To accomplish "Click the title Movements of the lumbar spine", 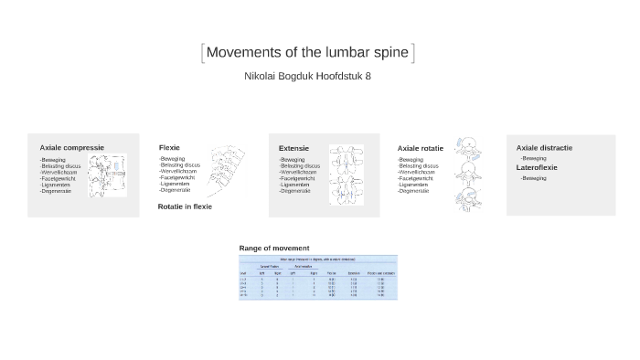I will [307, 52].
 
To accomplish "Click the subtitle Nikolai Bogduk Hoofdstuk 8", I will [307, 76].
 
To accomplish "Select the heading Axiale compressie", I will [71, 147].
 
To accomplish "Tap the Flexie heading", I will [169, 147].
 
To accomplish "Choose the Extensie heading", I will [293, 147].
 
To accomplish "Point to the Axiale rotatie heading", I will [420, 148].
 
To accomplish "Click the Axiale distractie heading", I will [544, 147].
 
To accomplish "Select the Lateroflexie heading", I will [537, 167].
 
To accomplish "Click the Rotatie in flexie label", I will [185, 206].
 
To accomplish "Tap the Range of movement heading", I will [274, 248].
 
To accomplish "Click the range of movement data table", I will [318, 277].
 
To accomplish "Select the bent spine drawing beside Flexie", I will [225, 171].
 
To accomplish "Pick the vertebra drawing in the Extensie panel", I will [347, 174].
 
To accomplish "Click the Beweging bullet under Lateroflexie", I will [534, 178].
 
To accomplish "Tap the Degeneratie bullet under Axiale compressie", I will [56, 191].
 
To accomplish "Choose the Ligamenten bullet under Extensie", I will [295, 185].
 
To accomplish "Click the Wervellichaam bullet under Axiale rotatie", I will [417, 172].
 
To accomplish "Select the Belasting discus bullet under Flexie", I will [180, 165].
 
